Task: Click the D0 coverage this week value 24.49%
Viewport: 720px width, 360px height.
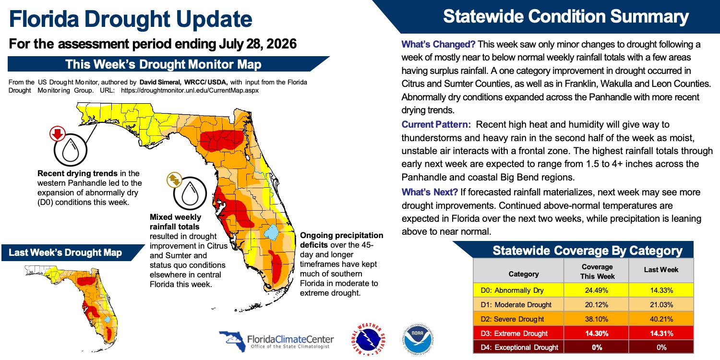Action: pyautogui.click(x=597, y=290)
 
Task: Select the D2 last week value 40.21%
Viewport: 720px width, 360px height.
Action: pyautogui.click(x=661, y=319)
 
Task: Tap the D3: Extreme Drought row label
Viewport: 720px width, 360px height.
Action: pyautogui.click(x=514, y=333)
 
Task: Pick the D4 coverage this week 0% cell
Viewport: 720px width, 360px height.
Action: pyautogui.click(x=597, y=348)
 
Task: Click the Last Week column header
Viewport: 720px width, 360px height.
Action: pyautogui.click(x=661, y=270)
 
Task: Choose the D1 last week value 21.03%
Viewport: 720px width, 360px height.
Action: pyautogui.click(x=661, y=305)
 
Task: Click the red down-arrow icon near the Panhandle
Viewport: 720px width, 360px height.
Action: pyautogui.click(x=58, y=134)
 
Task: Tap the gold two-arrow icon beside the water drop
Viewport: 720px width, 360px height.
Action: pyautogui.click(x=174, y=180)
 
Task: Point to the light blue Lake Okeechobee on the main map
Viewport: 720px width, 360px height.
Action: pyautogui.click(x=271, y=232)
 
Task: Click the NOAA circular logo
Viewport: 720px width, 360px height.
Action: pyautogui.click(x=418, y=339)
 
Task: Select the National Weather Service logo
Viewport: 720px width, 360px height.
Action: pyautogui.click(x=368, y=339)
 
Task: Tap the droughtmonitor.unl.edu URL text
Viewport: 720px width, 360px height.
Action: pyautogui.click(x=190, y=91)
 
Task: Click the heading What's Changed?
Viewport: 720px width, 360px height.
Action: pyautogui.click(x=438, y=44)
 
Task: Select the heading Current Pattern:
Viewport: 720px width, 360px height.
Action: pyautogui.click(x=436, y=124)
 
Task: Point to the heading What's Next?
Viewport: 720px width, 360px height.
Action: pyautogui.click(x=430, y=192)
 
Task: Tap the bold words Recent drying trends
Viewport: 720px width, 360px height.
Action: pyautogui.click(x=77, y=174)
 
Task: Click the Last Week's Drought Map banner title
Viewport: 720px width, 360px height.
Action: pyautogui.click(x=65, y=252)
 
